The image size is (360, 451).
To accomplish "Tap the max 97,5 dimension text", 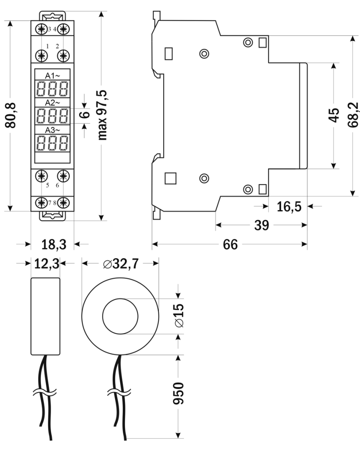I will pos(103,115).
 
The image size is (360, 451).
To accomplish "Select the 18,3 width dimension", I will pos(53,244).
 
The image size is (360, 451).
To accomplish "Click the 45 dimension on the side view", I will pos(334,115).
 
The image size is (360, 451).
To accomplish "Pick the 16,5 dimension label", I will pos(289,206).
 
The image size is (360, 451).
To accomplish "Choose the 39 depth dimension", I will pos(262,225).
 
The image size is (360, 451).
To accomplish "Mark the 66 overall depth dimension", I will pos(230,244).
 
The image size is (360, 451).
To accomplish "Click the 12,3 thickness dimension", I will pos(45,264).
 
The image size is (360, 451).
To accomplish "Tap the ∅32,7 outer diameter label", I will pos(120,264).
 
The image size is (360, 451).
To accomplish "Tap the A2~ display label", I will pos(52,103).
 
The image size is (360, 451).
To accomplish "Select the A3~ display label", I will pos(52,130).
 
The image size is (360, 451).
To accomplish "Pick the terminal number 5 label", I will pos(48,185).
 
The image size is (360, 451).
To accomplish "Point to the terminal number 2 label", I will pos(57,46).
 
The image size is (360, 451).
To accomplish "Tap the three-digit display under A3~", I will pos(52,143).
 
